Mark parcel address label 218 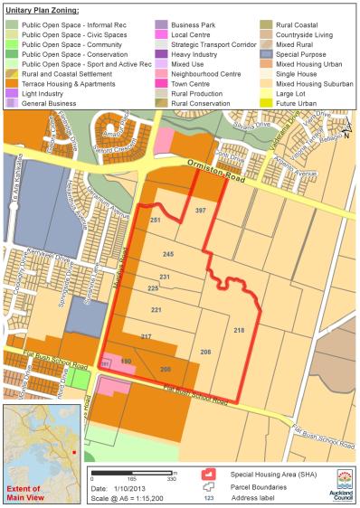239,332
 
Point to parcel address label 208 205,351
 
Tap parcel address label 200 165,369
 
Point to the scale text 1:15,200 137,500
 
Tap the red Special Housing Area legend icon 209,472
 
